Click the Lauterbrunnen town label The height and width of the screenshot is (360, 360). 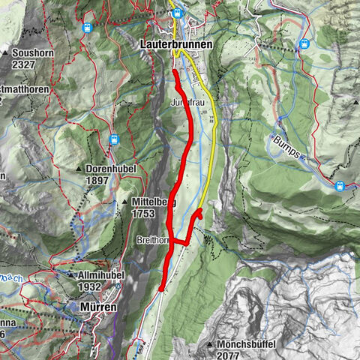[x=175, y=45]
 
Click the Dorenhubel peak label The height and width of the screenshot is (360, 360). [x=110, y=169]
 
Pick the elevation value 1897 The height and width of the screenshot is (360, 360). [x=103, y=180]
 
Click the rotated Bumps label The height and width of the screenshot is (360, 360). [x=286, y=146]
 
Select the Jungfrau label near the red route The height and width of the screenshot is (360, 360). [x=187, y=100]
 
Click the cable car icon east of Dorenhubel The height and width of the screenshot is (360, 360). [x=115, y=139]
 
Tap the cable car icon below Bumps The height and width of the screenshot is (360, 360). [x=340, y=186]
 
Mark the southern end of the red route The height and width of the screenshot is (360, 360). [x=162, y=288]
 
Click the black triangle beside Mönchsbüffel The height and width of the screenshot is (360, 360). [x=210, y=344]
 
